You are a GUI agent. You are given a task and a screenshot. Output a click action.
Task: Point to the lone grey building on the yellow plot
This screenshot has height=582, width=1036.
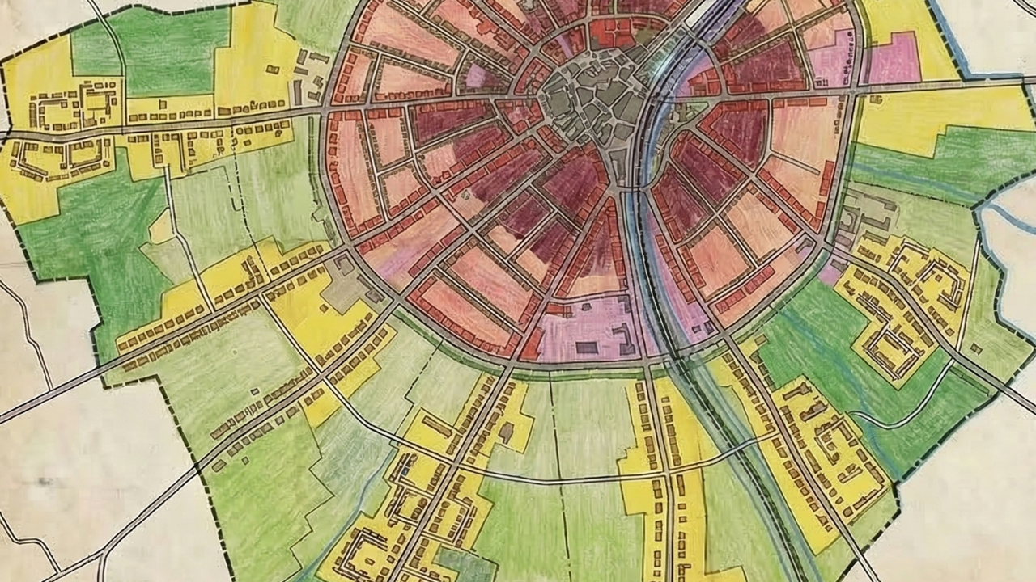pyautogui.click(x=507, y=433)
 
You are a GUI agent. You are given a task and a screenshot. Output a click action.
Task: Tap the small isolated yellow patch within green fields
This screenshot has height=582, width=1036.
pyautogui.click(x=161, y=227)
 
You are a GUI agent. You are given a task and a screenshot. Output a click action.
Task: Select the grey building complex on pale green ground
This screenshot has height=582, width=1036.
pyautogui.click(x=863, y=213)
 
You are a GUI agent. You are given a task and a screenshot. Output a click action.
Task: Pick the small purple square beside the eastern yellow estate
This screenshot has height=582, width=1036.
pyautogui.click(x=829, y=273)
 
